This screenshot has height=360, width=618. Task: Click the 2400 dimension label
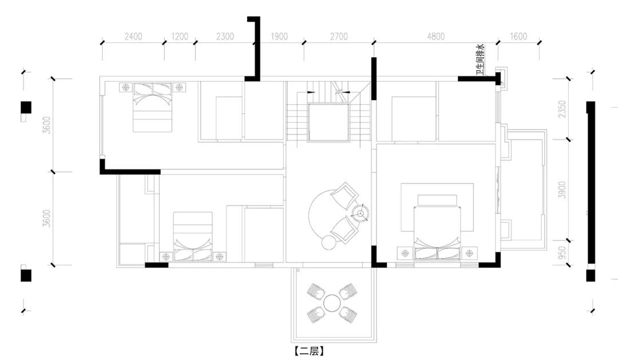(133, 37)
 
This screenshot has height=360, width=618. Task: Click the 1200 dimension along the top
(180, 37)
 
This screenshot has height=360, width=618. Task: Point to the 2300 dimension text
(225, 37)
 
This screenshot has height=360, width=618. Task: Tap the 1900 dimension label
(279, 37)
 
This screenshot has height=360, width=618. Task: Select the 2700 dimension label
(339, 37)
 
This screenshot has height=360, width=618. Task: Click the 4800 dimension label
(436, 37)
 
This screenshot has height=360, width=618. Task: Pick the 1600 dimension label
(518, 37)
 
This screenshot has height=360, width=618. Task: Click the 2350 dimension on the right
(562, 109)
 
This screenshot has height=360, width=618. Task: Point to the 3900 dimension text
(562, 189)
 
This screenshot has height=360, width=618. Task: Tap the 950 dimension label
(562, 253)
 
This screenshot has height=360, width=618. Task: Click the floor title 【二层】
(309, 351)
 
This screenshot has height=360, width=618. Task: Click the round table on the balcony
(332, 303)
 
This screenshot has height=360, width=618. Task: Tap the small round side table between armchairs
(360, 213)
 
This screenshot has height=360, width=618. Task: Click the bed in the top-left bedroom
(153, 107)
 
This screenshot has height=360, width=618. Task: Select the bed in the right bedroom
(437, 233)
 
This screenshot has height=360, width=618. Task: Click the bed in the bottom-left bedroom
(193, 236)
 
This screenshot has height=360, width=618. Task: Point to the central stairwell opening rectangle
(328, 122)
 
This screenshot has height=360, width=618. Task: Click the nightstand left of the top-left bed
(126, 87)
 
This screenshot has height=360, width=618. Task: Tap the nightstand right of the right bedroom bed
(469, 253)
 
